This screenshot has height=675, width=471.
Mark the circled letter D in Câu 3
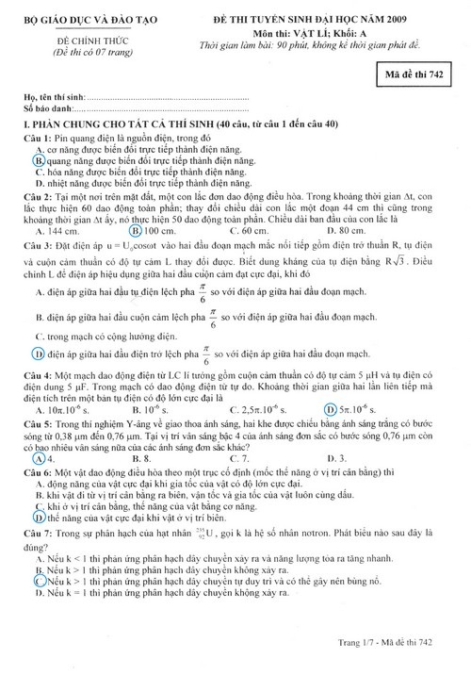coord(40,354)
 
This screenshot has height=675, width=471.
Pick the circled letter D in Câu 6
coord(39,517)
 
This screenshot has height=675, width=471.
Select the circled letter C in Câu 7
coord(40,583)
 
